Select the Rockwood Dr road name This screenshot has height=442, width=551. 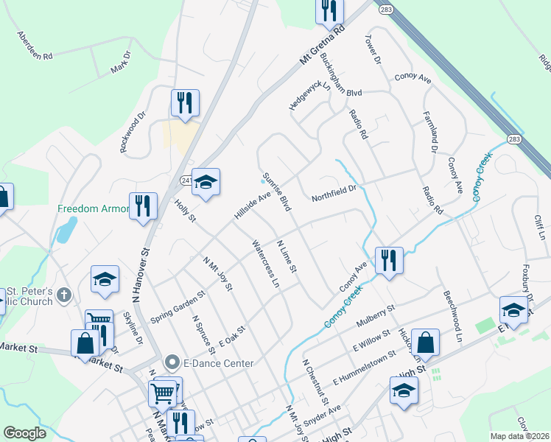(133, 132)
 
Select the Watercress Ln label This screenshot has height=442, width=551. (266, 262)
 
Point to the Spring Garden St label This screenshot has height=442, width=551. (178, 306)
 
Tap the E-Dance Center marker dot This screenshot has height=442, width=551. (172, 362)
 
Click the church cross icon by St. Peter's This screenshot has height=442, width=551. (64, 295)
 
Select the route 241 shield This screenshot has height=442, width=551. (187, 180)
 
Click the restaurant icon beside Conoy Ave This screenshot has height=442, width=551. (388, 259)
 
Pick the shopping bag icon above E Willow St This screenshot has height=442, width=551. (426, 342)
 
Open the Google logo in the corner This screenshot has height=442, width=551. (24, 433)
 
